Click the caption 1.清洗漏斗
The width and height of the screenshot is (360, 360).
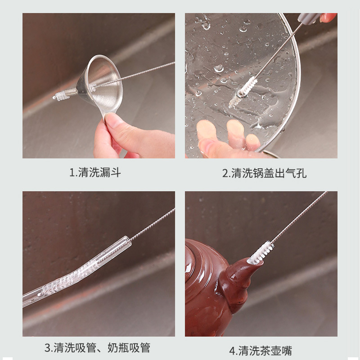click(x=95, y=172)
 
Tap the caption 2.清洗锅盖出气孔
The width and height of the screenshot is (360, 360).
click(x=264, y=173)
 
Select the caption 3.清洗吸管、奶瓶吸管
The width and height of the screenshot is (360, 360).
click(x=97, y=347)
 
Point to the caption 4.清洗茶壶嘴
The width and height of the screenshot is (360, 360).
click(x=261, y=351)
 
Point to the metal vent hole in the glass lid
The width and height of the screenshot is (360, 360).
click(x=241, y=93)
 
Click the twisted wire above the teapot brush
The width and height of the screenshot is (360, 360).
click(x=300, y=216)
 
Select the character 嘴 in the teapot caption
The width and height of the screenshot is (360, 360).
click(x=287, y=351)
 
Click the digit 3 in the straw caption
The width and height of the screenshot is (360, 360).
click(x=48, y=348)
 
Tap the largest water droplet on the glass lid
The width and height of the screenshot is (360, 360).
click(x=218, y=68)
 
